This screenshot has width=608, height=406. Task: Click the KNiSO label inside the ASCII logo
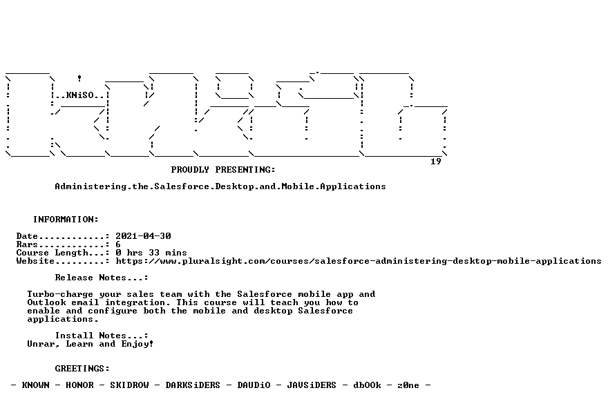point(80,95)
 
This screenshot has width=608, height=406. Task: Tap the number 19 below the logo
point(436,161)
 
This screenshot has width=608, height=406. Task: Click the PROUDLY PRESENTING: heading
point(223,170)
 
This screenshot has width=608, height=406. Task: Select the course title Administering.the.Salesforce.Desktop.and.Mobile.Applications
point(220,186)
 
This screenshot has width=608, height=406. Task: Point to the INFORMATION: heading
point(66,220)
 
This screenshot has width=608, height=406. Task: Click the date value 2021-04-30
point(143,236)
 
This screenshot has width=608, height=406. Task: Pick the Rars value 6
point(118,244)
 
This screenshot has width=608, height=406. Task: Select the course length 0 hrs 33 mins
point(151,253)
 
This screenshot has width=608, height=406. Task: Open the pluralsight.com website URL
point(359,261)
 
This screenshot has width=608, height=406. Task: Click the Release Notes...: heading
point(101,278)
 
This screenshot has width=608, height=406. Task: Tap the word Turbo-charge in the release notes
point(60,294)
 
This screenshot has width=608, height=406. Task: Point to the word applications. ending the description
point(63,319)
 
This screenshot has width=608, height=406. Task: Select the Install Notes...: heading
point(101,336)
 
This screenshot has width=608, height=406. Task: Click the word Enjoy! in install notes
point(137,344)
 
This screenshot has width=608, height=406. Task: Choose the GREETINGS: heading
point(82,369)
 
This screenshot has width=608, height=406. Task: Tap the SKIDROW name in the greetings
point(129,385)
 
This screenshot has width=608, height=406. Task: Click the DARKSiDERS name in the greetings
point(193,385)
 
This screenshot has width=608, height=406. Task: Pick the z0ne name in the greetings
point(408,385)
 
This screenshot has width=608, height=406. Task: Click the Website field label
point(35,261)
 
